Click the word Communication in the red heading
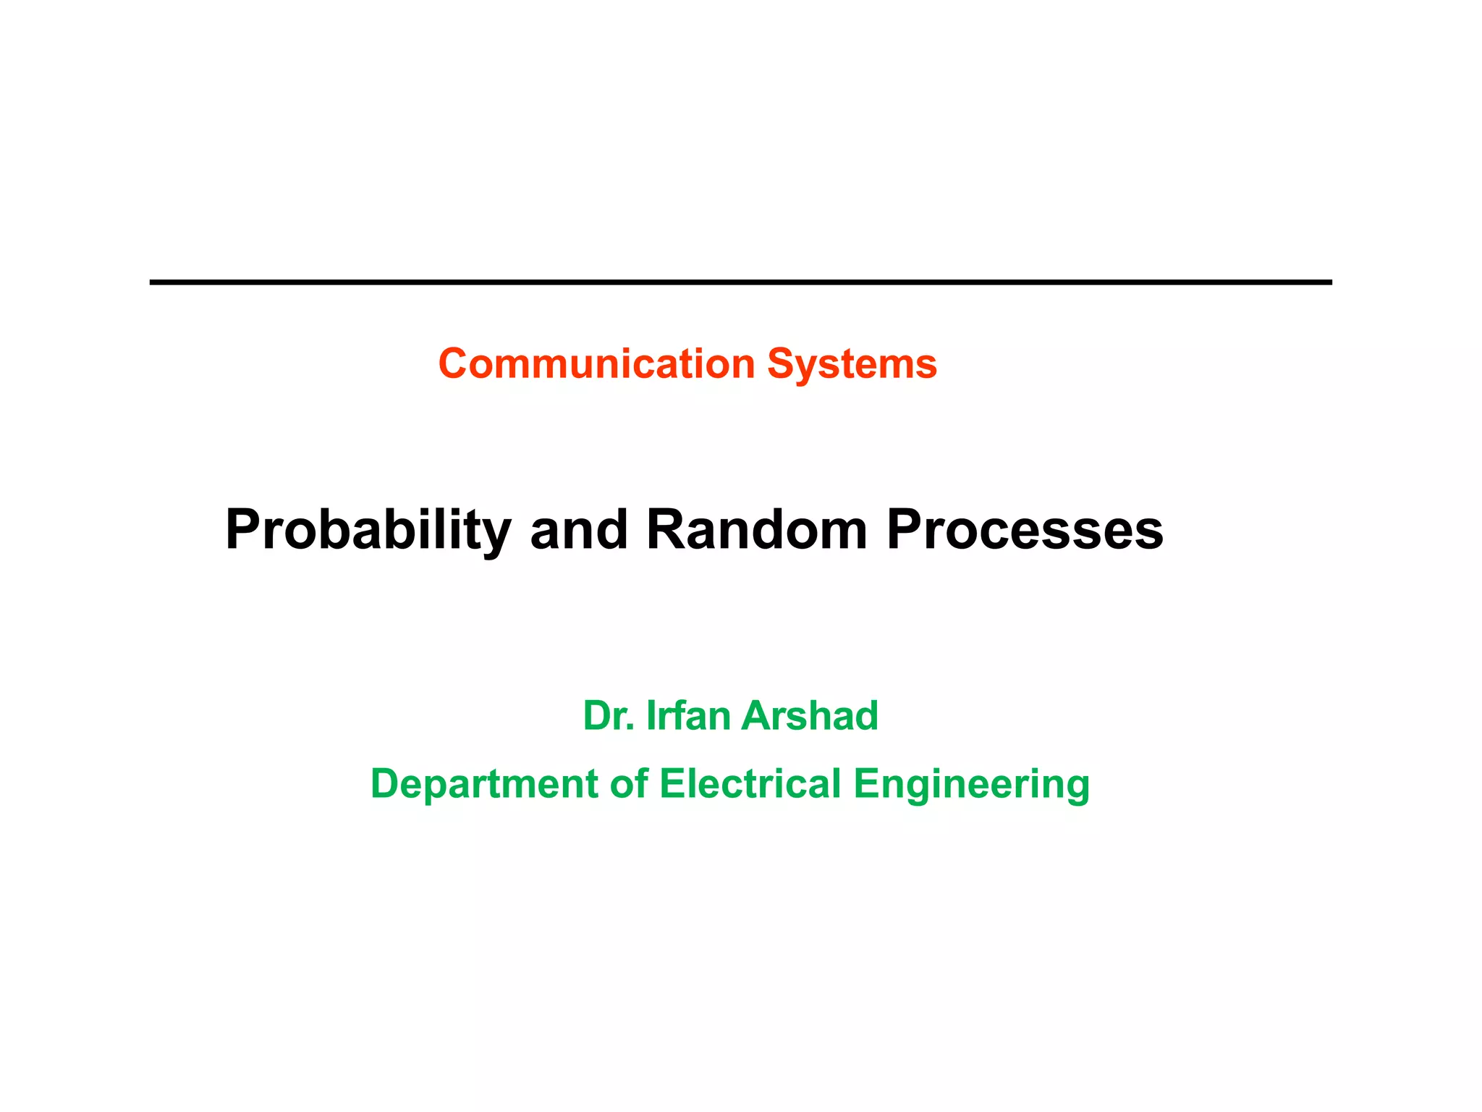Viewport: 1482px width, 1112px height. tap(597, 363)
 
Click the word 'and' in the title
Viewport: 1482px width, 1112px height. tap(579, 529)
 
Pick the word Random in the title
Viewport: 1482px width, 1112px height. tap(756, 529)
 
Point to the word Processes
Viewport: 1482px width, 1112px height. tap(1025, 529)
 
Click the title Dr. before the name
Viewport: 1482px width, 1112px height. tap(609, 715)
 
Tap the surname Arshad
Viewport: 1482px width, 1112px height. tap(810, 715)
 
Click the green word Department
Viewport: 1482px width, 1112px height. tap(484, 784)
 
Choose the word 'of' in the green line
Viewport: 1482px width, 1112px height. tap(628, 784)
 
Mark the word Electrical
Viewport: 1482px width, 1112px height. tap(750, 784)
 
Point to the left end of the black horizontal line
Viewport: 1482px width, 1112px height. tap(152, 282)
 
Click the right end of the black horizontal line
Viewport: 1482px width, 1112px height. tap(1330, 282)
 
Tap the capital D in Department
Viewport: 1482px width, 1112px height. tap(386, 784)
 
